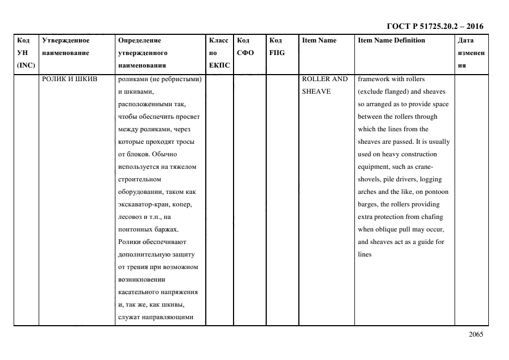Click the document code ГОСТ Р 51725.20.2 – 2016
434,26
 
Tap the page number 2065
475,335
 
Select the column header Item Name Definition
391,40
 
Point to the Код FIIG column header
277,47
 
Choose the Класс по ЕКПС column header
219,53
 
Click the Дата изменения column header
471,53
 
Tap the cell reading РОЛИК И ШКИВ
70,79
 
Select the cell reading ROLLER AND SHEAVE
324,85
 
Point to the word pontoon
436,192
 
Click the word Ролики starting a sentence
128,242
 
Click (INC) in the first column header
26,65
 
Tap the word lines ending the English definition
365,254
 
